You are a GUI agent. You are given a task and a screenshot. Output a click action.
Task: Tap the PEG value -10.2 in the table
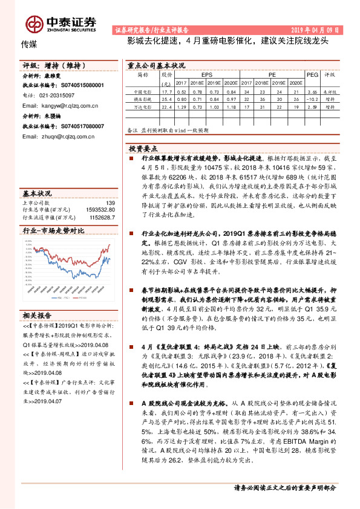pyautogui.click(x=312, y=97)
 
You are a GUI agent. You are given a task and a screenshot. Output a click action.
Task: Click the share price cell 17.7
pyautogui.click(x=167, y=91)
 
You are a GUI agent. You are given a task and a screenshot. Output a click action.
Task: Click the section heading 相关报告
pyautogui.click(x=38, y=315)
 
